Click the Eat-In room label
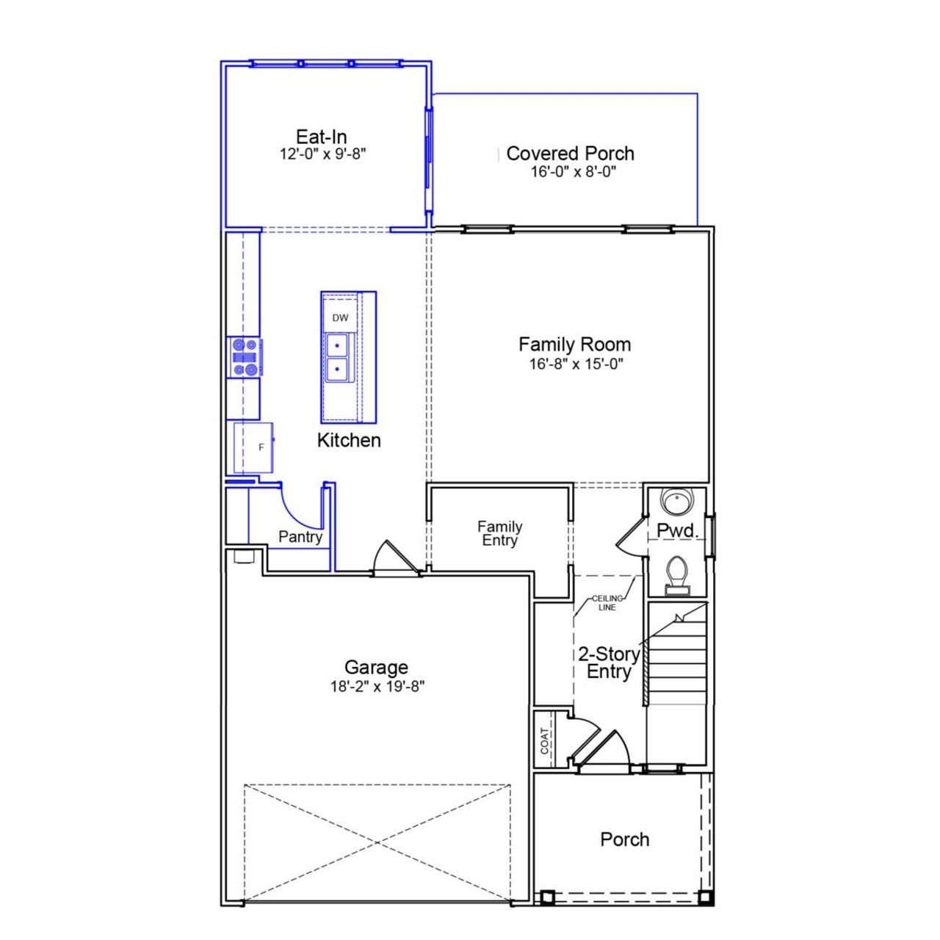tap(321, 137)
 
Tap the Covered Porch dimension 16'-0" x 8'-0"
tap(573, 172)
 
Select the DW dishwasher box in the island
tap(340, 318)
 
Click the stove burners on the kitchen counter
tap(245, 357)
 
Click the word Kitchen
tap(349, 440)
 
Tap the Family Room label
tap(574, 344)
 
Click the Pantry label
tap(300, 537)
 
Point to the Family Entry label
tap(499, 533)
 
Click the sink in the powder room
tap(676, 502)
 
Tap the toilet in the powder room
tap(676, 574)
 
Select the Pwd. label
tap(676, 530)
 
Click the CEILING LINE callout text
tap(607, 603)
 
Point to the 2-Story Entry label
tap(608, 662)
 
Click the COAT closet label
tap(544, 740)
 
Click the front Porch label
tap(624, 839)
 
